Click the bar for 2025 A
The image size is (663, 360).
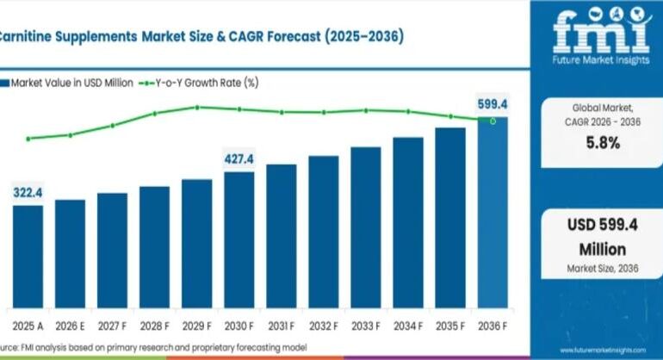27,258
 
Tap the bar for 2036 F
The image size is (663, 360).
493,215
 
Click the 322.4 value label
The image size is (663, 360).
27,194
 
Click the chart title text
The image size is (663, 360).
198,38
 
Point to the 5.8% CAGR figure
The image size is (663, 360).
602,143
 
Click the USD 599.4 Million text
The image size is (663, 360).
602,238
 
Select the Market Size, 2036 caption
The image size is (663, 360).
602,269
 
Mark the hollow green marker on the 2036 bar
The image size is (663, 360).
493,121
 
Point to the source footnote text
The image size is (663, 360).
155,346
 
